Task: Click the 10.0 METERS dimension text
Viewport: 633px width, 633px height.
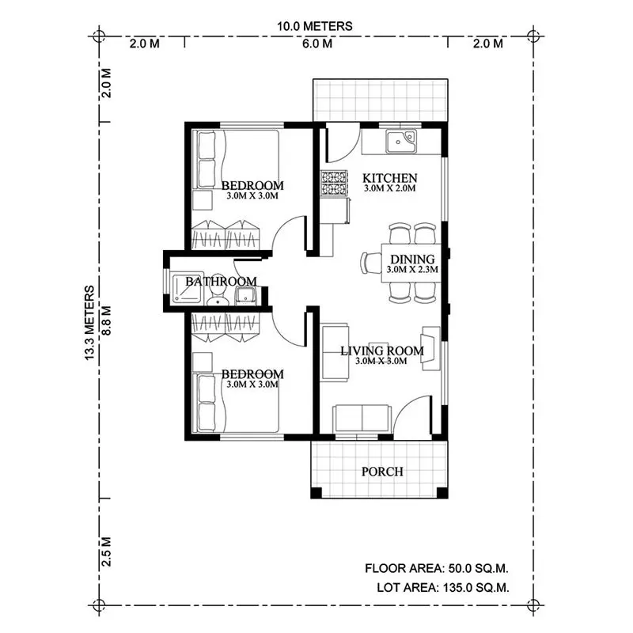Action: (x=315, y=26)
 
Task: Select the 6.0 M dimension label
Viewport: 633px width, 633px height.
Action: (x=316, y=44)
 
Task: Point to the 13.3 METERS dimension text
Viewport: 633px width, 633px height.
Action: (x=92, y=323)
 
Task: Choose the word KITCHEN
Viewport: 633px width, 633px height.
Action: (x=389, y=177)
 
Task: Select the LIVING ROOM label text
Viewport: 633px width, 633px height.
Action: (x=381, y=351)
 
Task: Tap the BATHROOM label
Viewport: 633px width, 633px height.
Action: (x=221, y=281)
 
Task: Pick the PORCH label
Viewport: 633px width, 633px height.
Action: (x=382, y=472)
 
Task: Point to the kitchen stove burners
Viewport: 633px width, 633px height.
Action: (x=333, y=184)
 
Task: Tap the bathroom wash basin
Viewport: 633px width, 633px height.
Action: (x=245, y=296)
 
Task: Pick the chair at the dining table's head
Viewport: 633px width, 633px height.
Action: (x=371, y=262)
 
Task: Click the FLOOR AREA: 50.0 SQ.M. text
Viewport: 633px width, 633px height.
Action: (x=436, y=568)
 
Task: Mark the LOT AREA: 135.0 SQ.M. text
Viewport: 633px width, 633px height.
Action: (x=442, y=587)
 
